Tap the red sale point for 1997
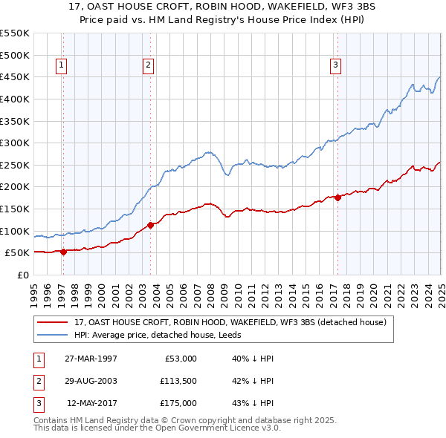[x=63, y=252]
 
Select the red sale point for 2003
[x=150, y=225]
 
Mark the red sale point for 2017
[x=337, y=197]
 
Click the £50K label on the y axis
[x=17, y=252]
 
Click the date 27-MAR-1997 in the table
[x=91, y=359]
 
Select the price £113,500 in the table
[x=177, y=381]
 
